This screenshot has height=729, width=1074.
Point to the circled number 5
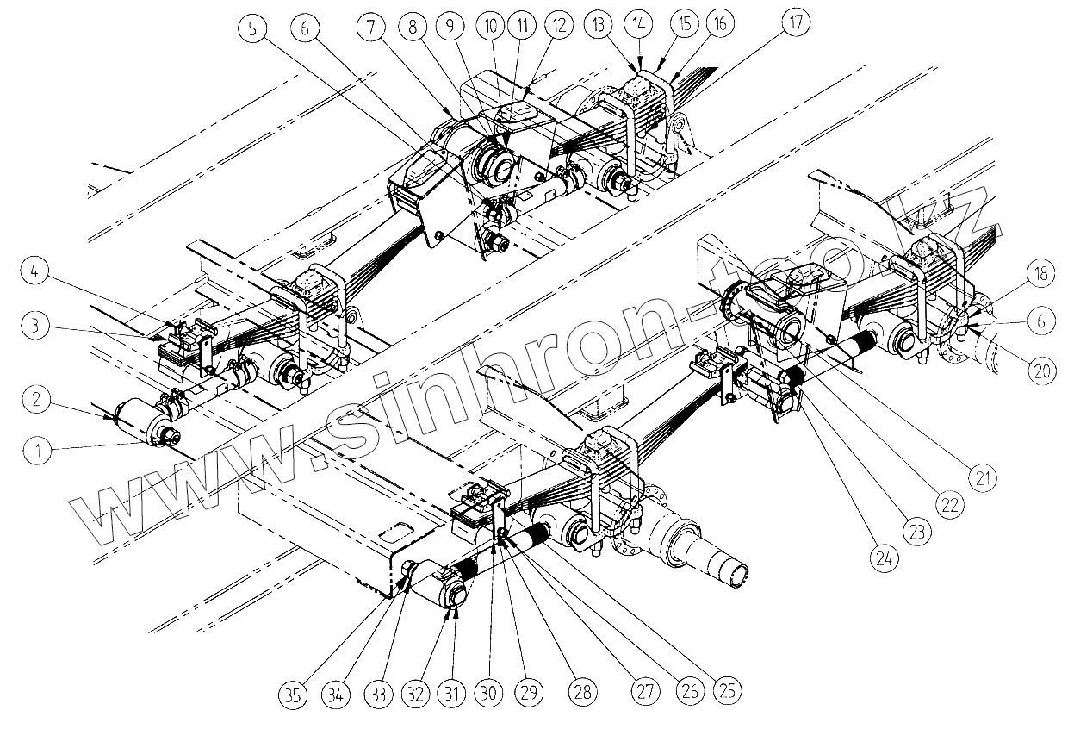251,28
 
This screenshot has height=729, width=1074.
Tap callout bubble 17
796,25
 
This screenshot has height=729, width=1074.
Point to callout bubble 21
982,474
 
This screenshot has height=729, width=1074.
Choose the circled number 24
882,558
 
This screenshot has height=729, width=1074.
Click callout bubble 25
728,690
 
